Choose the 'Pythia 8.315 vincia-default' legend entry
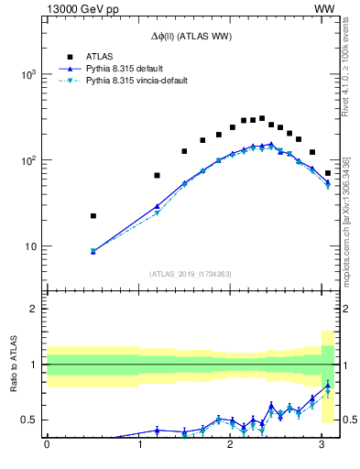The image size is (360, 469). coord(136,81)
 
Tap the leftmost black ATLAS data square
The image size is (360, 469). coord(93,216)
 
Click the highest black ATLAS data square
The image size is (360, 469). coord(262,118)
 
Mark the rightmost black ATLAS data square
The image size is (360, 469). coord(328,173)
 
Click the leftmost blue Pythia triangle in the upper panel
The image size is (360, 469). coord(93,251)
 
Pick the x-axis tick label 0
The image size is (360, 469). coord(47,445)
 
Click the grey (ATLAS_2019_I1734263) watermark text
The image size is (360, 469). coord(191,273)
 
